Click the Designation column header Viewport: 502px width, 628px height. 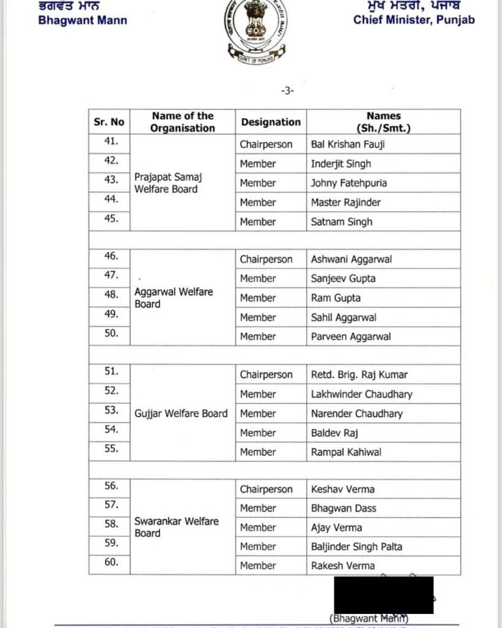pyautogui.click(x=271, y=122)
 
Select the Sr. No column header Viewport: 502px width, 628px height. pyautogui.click(x=109, y=122)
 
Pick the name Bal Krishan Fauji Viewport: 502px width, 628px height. pyautogui.click(x=348, y=145)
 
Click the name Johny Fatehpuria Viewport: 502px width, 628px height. pyautogui.click(x=349, y=183)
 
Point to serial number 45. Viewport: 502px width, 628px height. pyautogui.click(x=111, y=218)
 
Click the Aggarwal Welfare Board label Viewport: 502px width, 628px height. pyautogui.click(x=173, y=297)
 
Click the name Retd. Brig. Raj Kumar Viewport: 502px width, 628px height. pyautogui.click(x=359, y=375)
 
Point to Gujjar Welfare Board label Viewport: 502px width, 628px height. pyautogui.click(x=181, y=413)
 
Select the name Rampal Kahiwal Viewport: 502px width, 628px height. pyautogui.click(x=346, y=452)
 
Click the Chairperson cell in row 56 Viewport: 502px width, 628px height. pyautogui.click(x=266, y=489)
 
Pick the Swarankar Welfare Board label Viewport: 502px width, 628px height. pyautogui.click(x=177, y=527)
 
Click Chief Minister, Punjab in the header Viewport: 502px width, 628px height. pyautogui.click(x=414, y=20)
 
